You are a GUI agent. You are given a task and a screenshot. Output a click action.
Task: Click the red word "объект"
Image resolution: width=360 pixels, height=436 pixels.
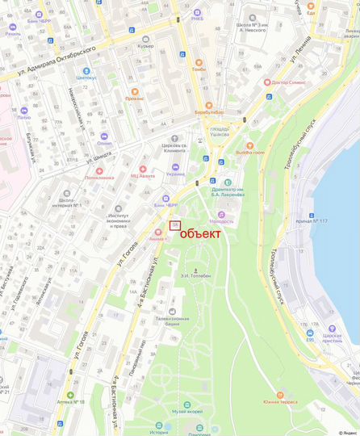click(x=199, y=234)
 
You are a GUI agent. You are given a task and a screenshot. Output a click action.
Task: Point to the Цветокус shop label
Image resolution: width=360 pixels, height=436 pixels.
click(x=86, y=78)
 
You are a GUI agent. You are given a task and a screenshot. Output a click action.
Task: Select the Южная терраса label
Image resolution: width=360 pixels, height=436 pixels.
click(x=280, y=401)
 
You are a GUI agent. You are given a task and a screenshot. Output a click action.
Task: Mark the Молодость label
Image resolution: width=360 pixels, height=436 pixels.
click(x=221, y=220)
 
